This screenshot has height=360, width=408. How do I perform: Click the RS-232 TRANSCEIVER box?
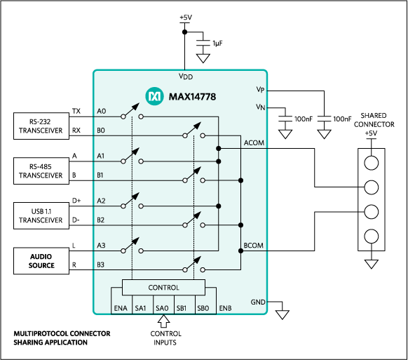tap(41, 126)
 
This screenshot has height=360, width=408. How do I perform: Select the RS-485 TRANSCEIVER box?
tap(41, 171)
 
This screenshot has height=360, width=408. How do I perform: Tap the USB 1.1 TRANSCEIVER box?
tap(41, 215)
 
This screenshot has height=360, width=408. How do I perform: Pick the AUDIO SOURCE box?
tap(41, 261)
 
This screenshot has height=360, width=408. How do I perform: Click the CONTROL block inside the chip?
tap(163, 288)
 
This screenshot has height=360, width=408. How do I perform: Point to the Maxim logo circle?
tap(154, 96)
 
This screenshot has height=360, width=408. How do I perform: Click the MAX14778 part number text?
tap(192, 97)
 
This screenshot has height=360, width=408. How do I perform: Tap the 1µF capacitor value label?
tap(217, 44)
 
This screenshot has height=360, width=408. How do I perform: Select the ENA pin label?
tap(121, 308)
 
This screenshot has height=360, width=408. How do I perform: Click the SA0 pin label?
tap(162, 308)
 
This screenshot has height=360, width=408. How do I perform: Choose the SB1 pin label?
tap(182, 308)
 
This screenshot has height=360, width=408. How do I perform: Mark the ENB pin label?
tap(225, 308)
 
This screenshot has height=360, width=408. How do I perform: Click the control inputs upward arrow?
tap(163, 321)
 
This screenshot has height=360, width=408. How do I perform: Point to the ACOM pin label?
tap(254, 142)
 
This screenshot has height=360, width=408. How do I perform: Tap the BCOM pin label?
tap(254, 246)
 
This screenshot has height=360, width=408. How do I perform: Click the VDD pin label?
tap(186, 76)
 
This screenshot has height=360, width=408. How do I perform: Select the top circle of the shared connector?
tap(372, 163)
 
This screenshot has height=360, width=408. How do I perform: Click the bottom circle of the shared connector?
tap(372, 236)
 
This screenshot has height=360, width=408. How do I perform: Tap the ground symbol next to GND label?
tap(283, 314)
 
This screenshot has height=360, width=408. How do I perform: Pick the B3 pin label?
tap(100, 265)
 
